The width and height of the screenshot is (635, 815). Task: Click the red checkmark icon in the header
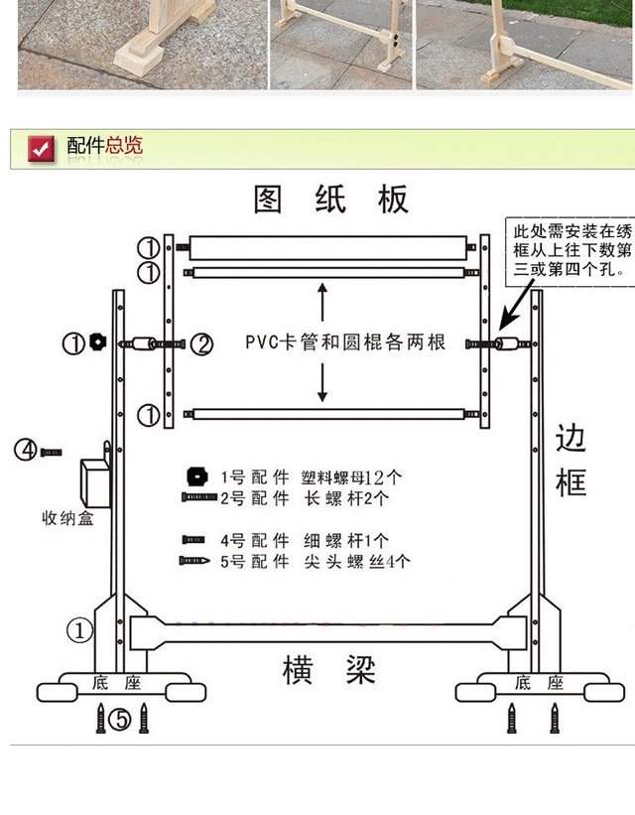[41, 148]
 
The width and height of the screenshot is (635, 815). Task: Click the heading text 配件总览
[105, 147]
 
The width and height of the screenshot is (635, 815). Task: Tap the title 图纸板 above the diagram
[331, 200]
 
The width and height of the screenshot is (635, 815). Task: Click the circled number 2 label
[201, 344]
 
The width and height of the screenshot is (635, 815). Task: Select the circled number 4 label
[25, 451]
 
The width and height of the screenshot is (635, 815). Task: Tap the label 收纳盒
[67, 517]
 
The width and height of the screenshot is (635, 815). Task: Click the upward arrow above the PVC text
[322, 300]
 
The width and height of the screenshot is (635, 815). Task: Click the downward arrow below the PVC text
[322, 384]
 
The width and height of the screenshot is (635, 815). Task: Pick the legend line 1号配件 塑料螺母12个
[295, 476]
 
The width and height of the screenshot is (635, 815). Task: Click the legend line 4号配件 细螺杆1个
[288, 541]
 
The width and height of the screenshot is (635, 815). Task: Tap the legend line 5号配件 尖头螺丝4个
[295, 562]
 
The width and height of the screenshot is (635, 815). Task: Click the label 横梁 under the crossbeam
[328, 670]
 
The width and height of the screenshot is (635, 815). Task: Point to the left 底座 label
[118, 683]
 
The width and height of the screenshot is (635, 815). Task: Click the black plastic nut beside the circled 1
[97, 343]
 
